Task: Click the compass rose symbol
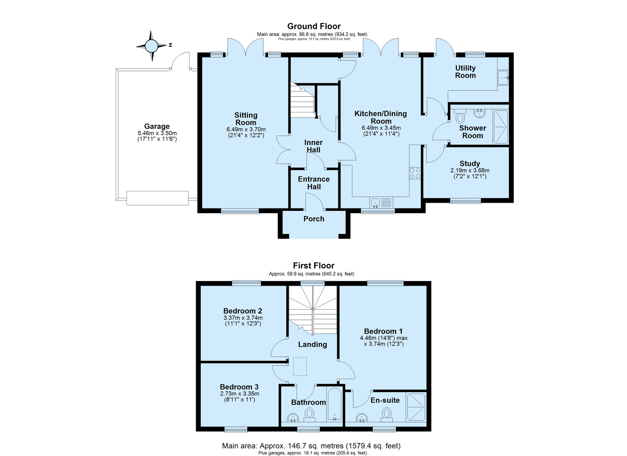[151, 46]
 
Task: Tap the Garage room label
[157, 126]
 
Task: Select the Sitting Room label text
[246, 119]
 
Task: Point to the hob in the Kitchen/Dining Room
[415, 173]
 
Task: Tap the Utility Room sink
[503, 77]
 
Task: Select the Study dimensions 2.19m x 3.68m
[470, 170]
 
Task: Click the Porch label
[314, 219]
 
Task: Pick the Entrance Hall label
[314, 183]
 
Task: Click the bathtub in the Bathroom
[334, 404]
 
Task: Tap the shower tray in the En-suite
[416, 407]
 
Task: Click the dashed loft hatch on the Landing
[300, 367]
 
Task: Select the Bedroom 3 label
[239, 387]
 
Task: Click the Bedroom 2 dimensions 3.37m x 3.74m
[243, 318]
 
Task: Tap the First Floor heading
[314, 266]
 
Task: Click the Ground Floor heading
[314, 26]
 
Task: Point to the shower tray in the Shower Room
[500, 127]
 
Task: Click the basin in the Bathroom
[293, 418]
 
